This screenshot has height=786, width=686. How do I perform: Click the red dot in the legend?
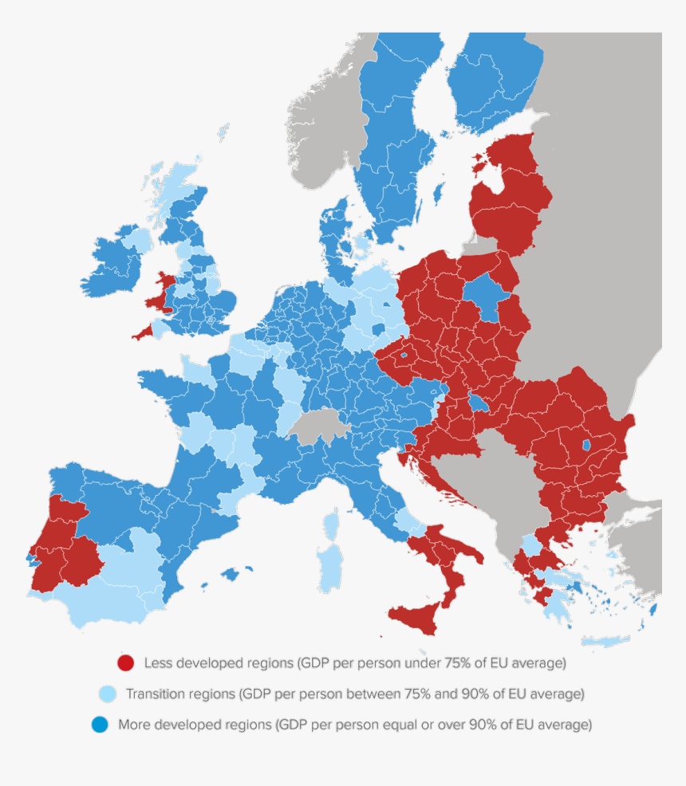125,663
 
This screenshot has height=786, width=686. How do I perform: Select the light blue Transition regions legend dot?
107,694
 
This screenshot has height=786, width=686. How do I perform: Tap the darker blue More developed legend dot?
99,725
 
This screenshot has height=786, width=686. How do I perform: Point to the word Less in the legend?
158,663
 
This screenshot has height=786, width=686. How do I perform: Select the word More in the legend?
133,725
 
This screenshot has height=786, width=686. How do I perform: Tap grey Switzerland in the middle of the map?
318,426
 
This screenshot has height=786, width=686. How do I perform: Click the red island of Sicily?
415,617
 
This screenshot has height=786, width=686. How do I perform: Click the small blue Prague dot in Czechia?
404,355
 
